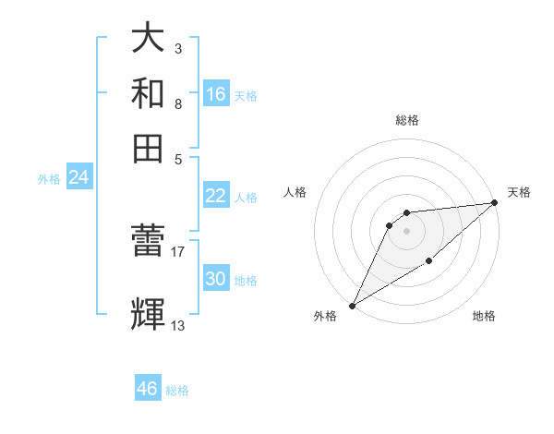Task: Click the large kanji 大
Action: [149, 39]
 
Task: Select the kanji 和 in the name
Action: [149, 93]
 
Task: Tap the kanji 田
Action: [149, 148]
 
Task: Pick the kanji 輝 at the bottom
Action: [149, 315]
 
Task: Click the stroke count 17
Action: [178, 250]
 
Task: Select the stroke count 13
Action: [178, 325]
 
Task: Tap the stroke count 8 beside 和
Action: [178, 103]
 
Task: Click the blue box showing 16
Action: [216, 94]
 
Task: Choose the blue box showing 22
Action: [216, 196]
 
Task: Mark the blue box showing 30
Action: [216, 279]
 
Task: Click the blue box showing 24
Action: [78, 177]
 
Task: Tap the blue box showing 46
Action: [148, 389]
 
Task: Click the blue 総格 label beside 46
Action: [178, 391]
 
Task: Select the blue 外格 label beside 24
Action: [49, 179]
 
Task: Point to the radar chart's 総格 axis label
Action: [406, 120]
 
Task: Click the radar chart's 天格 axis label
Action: [519, 192]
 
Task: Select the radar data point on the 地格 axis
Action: [429, 262]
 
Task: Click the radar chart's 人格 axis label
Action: [295, 192]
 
